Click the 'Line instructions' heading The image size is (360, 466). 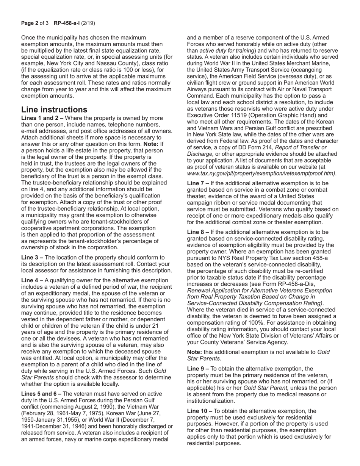pos(54,110)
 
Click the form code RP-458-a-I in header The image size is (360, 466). pos(67,23)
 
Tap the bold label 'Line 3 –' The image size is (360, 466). pos(32,258)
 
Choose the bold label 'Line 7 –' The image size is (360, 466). pos(198,183)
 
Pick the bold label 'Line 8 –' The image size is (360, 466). pos(198,232)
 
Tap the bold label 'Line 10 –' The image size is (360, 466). pos(200,411)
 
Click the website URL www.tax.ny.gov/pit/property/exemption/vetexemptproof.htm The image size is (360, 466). pos(261,173)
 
